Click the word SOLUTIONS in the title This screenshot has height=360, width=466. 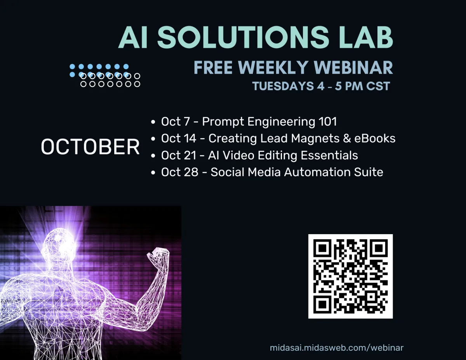tap(243, 37)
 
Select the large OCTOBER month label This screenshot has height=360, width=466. tap(90, 147)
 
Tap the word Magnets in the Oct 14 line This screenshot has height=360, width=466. tap(315, 138)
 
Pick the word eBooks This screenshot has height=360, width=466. tap(375, 138)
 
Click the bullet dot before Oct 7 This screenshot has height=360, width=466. tap(153, 122)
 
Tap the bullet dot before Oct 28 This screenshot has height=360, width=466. tap(153, 172)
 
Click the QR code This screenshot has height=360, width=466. tap(350, 276)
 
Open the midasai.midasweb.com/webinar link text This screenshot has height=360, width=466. tap(336, 348)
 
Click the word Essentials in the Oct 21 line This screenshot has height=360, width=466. tap(329, 155)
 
